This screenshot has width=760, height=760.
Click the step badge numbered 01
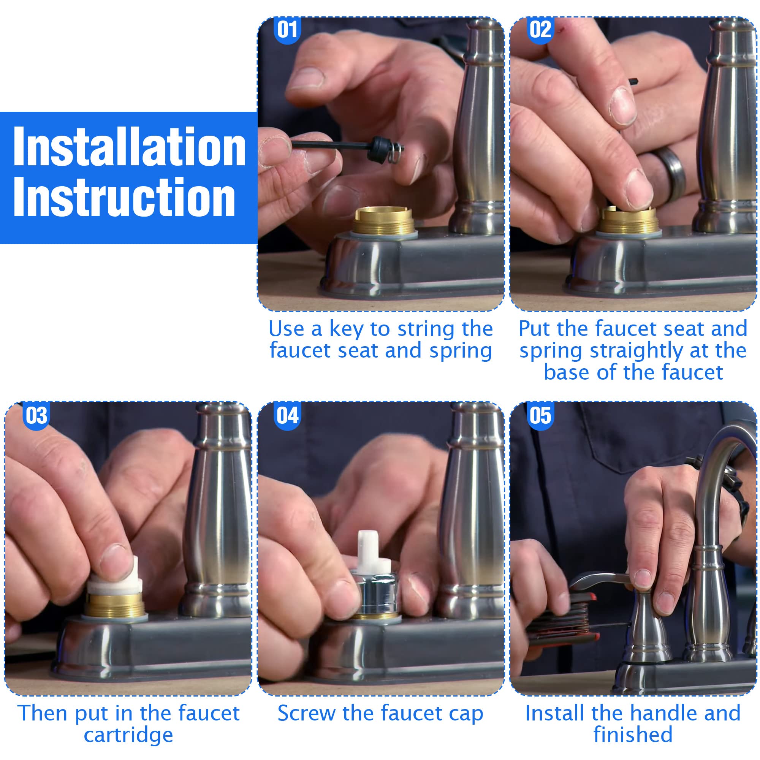tap(287, 30)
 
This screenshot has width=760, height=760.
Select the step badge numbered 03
tap(36, 415)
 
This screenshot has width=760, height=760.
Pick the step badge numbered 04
tap(287, 415)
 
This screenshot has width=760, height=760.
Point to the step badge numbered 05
tap(540, 415)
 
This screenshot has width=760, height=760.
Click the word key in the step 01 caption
tap(346, 329)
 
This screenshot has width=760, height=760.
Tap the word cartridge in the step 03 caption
tap(128, 735)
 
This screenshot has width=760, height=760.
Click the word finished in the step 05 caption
tap(633, 735)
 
